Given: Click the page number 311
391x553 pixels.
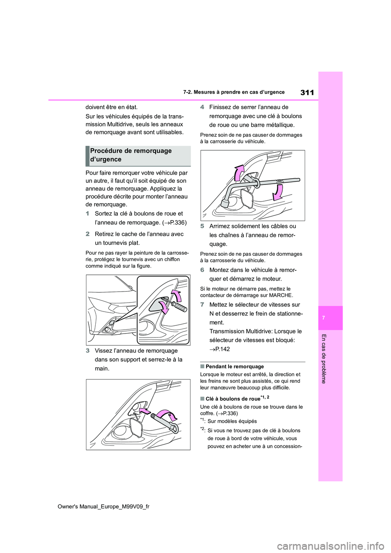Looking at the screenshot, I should coord(307,92).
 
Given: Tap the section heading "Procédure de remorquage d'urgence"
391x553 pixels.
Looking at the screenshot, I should coord(131,155).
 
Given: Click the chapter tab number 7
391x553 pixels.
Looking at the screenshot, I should coord(323,318).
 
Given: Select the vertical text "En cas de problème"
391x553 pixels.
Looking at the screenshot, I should coord(324,358).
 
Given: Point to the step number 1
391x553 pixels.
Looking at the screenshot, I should coord(87,213).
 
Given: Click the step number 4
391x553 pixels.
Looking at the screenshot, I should coord(202,107).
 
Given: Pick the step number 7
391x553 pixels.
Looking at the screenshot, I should coord(202,305).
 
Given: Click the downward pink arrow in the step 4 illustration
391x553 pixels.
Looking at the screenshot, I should coord(278,192).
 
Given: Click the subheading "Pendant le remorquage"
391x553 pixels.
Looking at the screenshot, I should coord(235,366).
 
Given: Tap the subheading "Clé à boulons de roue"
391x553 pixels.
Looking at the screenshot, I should coord(233,399).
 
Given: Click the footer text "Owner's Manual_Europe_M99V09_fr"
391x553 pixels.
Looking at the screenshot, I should coord(103,506).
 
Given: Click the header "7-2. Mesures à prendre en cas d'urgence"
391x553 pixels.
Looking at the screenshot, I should coord(233,92).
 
